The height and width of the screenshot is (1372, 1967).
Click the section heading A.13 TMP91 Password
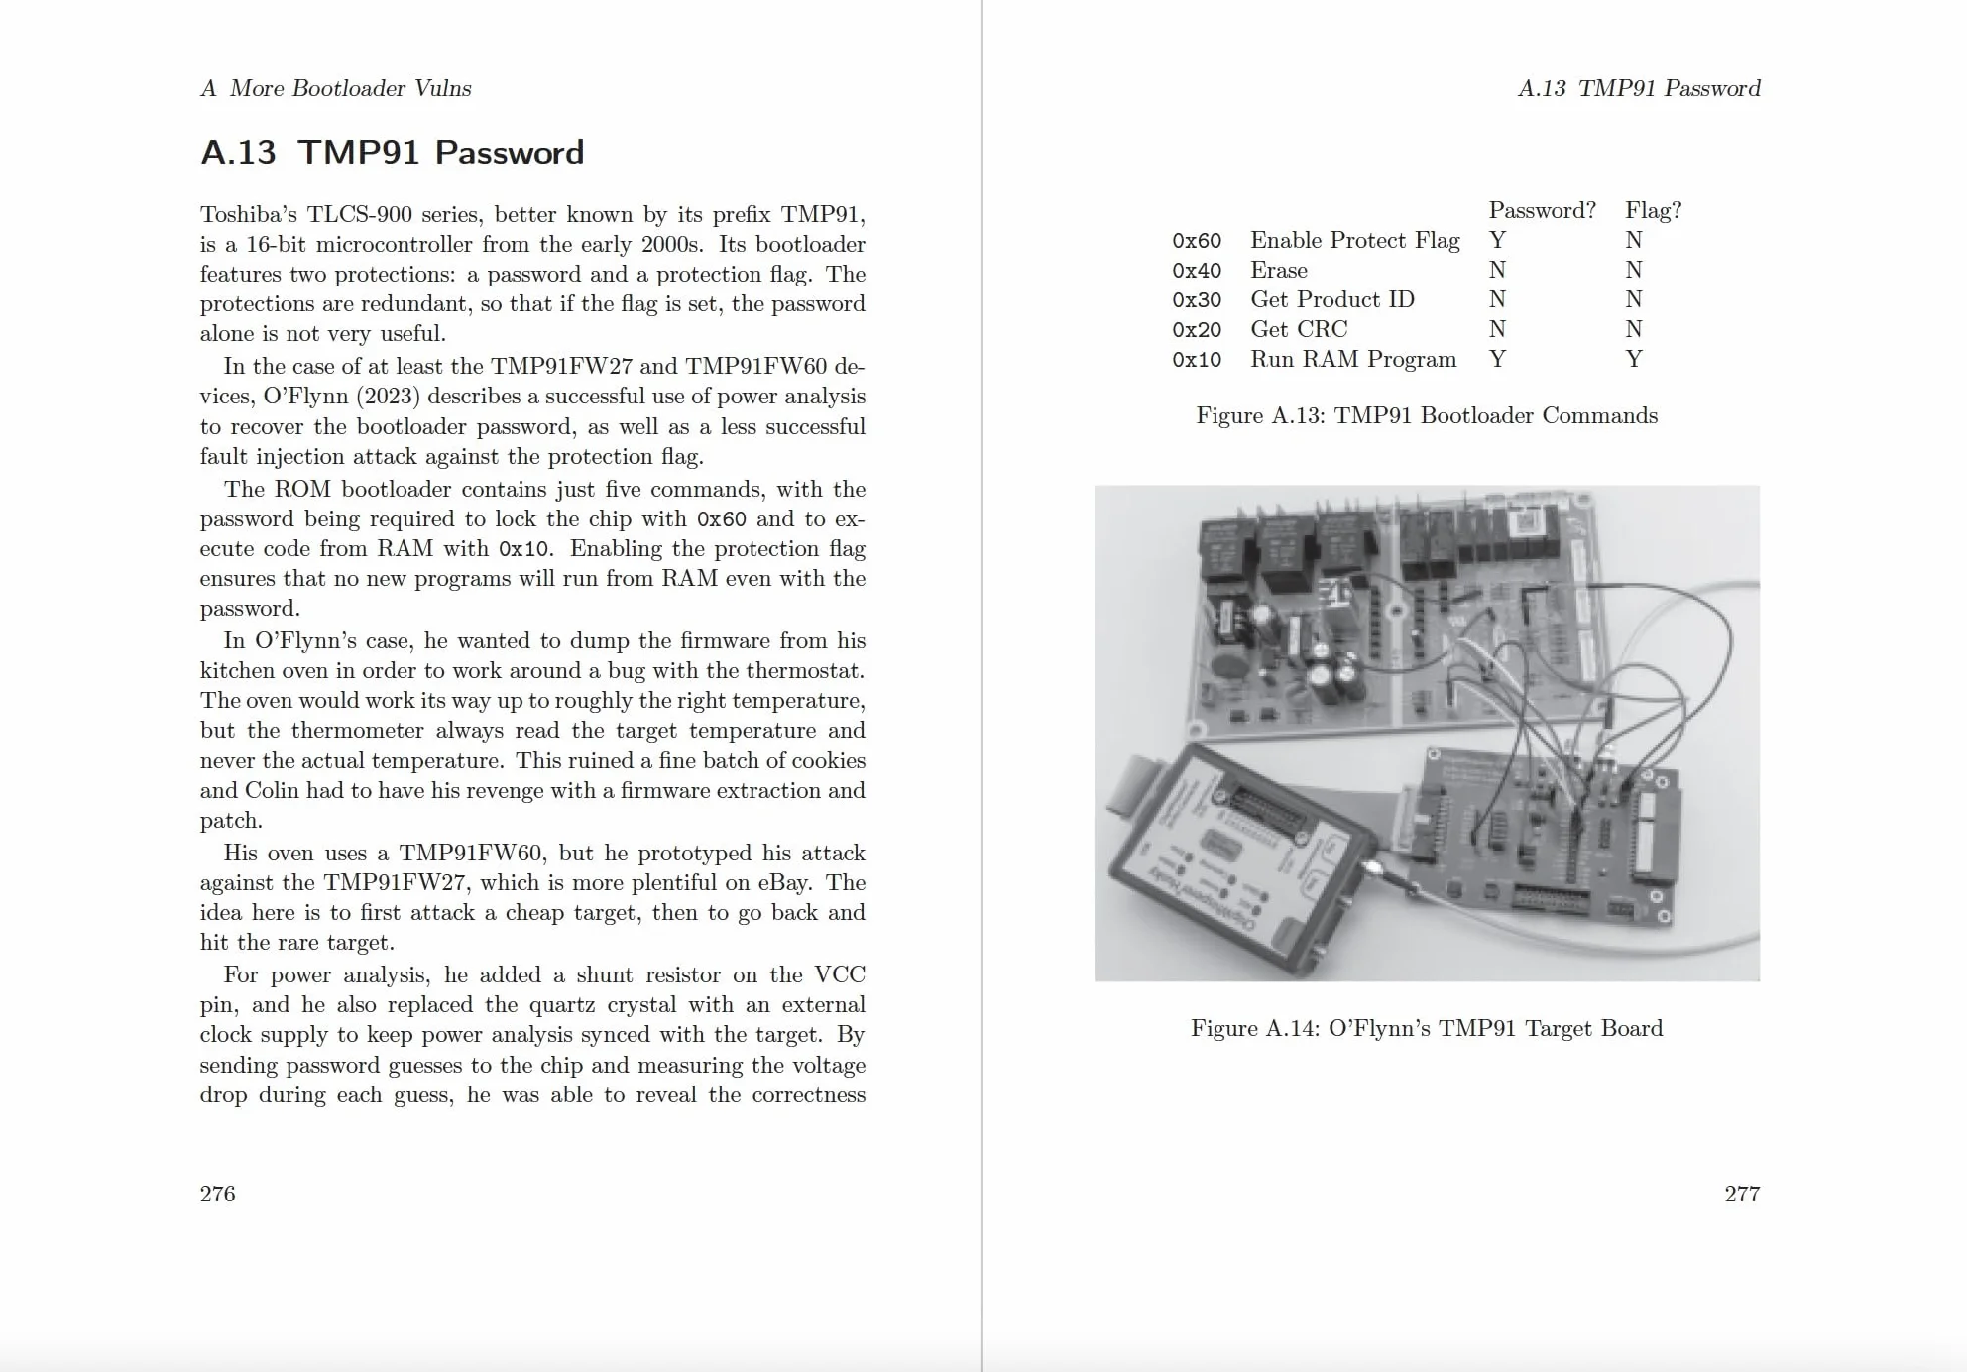pos(392,152)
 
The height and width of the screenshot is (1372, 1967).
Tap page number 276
pos(217,1194)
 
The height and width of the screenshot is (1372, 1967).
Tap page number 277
pos(1742,1194)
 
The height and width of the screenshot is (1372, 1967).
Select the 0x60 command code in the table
pos(1197,241)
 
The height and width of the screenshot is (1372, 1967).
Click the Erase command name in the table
pos(1279,270)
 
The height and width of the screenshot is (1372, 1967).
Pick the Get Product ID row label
pos(1332,299)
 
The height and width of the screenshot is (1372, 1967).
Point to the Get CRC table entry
pos(1299,329)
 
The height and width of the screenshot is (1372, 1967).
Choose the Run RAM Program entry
pos(1353,359)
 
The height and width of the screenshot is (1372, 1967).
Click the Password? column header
pos(1542,210)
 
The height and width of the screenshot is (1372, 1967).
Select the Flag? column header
pos(1653,210)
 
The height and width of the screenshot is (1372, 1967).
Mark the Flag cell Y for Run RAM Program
pos(1634,359)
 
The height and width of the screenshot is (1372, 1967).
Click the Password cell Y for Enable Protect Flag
pos(1497,240)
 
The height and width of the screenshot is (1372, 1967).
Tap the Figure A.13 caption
pos(1427,415)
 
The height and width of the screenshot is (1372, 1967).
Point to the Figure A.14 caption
pos(1427,1028)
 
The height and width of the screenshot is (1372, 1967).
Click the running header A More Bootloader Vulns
pos(336,88)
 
